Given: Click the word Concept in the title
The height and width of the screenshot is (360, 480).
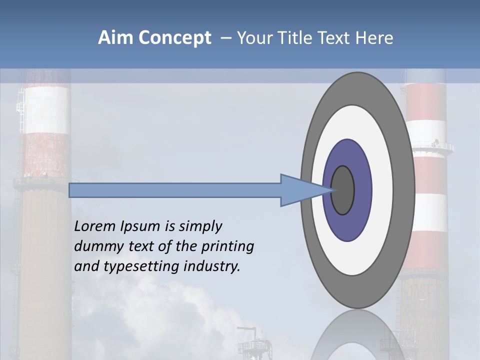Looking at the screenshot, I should coord(174,37).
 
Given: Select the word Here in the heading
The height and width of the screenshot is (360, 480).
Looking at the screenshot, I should coord(374,37).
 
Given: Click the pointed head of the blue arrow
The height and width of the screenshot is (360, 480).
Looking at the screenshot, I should coord(300,190).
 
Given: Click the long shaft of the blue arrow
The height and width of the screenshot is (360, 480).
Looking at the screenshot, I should coord(175,190).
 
